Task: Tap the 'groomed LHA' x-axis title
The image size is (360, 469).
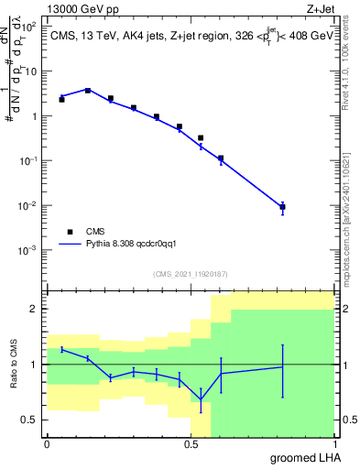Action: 301,457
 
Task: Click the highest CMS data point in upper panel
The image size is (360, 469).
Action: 88,91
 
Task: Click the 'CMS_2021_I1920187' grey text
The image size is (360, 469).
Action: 191,274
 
